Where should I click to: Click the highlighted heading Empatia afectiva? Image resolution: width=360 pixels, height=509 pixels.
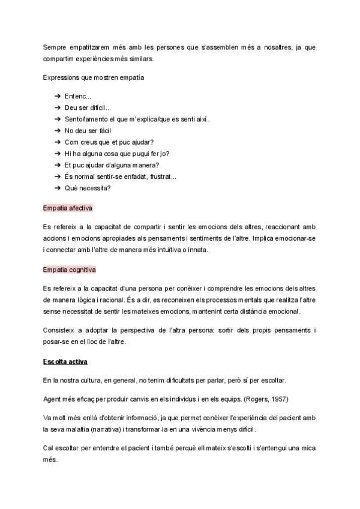(x=67, y=208)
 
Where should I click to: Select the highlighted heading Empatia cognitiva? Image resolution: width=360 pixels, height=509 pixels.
(x=70, y=270)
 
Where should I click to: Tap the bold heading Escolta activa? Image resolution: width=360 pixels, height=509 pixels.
(x=66, y=362)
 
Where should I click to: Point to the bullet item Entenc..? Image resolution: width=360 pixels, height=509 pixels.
(x=77, y=96)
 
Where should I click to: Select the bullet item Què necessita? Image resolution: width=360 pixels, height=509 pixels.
(x=88, y=188)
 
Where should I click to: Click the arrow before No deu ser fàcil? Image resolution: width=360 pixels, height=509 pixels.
(x=58, y=131)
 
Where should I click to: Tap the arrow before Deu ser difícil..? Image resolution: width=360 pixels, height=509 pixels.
(x=58, y=108)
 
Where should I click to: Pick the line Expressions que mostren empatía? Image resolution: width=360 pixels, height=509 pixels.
(x=93, y=77)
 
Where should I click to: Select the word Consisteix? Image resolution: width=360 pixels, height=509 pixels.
(x=59, y=331)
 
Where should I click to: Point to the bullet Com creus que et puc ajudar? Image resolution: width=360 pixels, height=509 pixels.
(x=109, y=142)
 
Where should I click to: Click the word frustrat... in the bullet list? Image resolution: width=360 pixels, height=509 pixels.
(x=161, y=176)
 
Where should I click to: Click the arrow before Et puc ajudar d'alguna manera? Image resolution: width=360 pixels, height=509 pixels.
(x=58, y=165)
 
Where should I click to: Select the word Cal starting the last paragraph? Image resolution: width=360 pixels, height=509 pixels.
(x=49, y=448)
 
